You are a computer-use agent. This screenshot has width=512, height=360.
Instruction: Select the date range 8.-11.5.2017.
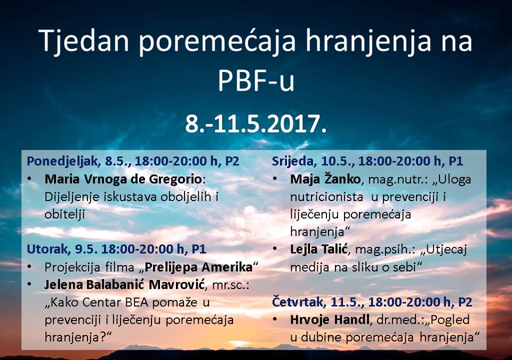pyautogui.click(x=256, y=124)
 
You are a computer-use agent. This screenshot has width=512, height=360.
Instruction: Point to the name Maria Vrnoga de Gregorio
pyautogui.click(x=123, y=179)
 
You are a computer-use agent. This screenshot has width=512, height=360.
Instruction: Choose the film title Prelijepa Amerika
pyautogui.click(x=198, y=267)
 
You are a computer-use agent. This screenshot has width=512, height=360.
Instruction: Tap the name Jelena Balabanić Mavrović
pyautogui.click(x=124, y=285)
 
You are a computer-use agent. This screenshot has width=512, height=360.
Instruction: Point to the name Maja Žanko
pyautogui.click(x=325, y=179)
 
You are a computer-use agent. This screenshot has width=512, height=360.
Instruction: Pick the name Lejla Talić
pyautogui.click(x=318, y=249)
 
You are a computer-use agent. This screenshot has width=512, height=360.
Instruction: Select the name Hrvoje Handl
pyautogui.click(x=330, y=319)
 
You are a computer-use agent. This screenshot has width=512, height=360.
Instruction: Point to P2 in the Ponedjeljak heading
pyautogui.click(x=232, y=161)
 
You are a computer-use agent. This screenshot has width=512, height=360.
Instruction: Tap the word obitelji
pyautogui.click(x=65, y=214)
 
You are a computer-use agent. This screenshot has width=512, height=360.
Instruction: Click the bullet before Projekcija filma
pyautogui.click(x=30, y=267)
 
